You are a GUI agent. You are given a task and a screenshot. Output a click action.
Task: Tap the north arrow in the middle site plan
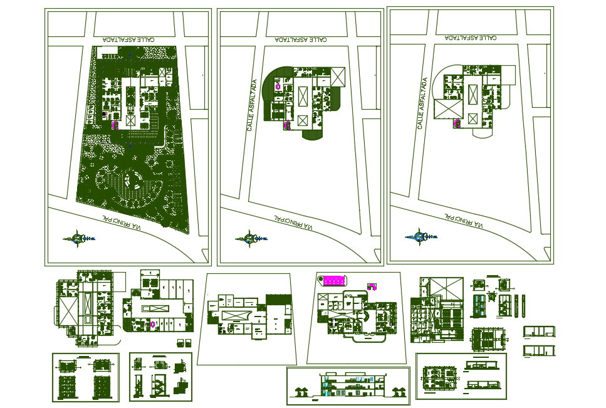(250, 238)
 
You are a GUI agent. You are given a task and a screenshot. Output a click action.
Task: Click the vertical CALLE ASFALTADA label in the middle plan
(252, 105)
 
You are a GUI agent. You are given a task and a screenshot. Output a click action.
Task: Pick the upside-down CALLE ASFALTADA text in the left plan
(130, 39)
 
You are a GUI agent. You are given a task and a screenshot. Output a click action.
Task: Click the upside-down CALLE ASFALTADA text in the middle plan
(301, 39)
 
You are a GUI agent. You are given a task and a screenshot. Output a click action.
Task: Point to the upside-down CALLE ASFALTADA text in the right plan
(470, 38)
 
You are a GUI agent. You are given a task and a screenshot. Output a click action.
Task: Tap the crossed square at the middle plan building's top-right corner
(338, 77)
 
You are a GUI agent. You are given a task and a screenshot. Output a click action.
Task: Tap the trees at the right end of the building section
(397, 392)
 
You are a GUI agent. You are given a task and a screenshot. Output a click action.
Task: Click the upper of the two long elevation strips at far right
(540, 331)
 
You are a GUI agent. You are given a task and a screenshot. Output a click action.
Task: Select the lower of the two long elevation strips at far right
(540, 350)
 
